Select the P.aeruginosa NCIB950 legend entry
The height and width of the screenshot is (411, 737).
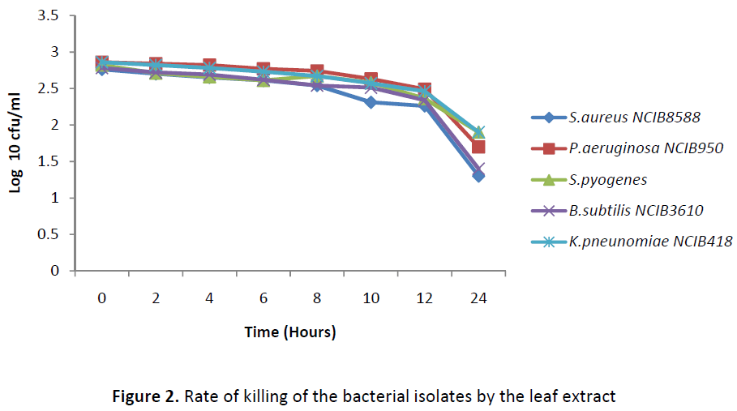tap(628, 148)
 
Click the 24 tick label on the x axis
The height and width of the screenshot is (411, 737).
tap(478, 298)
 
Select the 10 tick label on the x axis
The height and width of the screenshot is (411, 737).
tap(371, 298)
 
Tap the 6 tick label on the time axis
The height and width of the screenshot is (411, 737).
tap(264, 298)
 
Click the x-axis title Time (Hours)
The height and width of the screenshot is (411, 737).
tap(290, 332)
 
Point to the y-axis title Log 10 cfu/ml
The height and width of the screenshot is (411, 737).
tap(15, 143)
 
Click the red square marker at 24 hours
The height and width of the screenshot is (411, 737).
tap(478, 147)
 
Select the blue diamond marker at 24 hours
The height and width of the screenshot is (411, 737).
tap(479, 176)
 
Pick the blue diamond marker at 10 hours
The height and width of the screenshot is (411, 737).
tap(371, 102)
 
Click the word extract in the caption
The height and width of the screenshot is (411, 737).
tap(593, 397)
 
